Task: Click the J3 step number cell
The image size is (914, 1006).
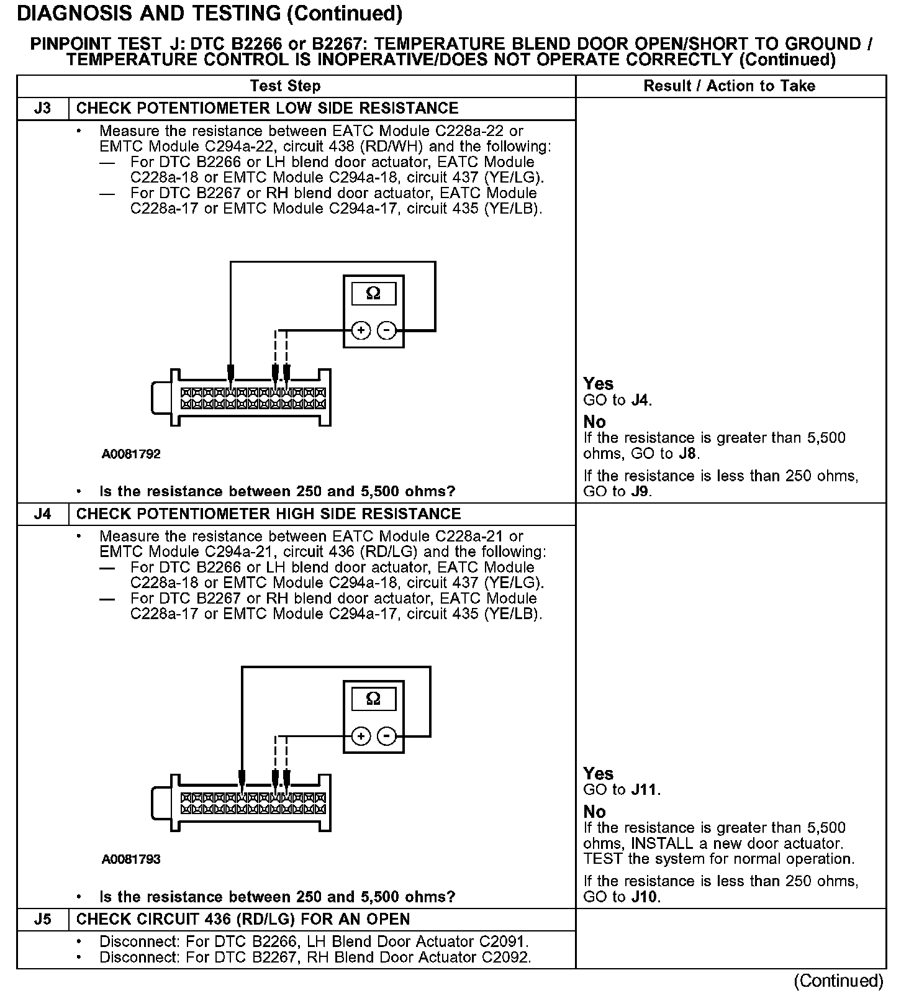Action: pos(42,109)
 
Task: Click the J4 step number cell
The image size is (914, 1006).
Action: pos(42,514)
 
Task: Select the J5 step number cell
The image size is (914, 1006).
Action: pos(42,920)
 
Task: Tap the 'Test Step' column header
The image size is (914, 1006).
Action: pos(285,86)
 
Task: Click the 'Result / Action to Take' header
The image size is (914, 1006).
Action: pos(730,86)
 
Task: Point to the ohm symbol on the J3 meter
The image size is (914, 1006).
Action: pos(373,293)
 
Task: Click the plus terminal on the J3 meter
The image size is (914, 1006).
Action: pos(361,330)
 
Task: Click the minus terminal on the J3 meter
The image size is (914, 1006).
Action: pos(387,330)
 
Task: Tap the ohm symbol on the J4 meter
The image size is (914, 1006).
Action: pos(373,699)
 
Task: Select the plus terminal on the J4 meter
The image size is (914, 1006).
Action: pos(361,736)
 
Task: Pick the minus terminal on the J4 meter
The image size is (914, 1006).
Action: pos(387,736)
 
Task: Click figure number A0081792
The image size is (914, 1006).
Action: pos(131,455)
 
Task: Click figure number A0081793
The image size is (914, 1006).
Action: pos(131,860)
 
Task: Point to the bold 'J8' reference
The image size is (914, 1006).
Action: pos(687,454)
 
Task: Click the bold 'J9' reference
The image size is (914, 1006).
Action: pos(640,492)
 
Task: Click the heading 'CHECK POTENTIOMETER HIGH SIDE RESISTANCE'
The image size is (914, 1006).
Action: pos(268,514)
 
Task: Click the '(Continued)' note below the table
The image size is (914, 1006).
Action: pos(838,981)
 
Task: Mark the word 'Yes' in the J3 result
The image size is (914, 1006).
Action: pos(599,384)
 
